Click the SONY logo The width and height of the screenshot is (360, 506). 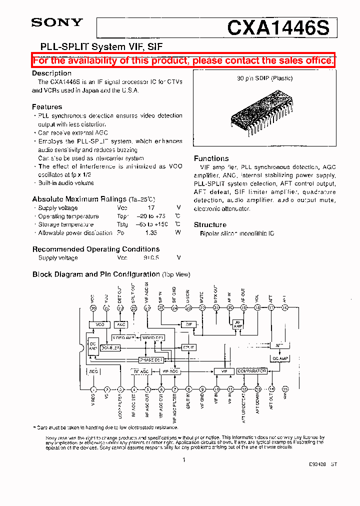tap(57, 22)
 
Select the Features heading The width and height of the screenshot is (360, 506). tap(47, 106)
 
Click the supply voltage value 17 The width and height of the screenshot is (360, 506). tap(151, 208)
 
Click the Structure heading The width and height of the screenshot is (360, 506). tap(210, 224)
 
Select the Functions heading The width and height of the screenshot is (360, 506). tap(211, 158)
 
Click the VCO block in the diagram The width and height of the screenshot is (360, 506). tap(100, 324)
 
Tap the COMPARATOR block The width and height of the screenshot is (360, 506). tap(251, 371)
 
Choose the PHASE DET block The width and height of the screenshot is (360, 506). tap(151, 359)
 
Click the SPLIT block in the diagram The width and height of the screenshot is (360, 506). tap(188, 347)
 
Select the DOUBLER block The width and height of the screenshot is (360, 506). tap(110, 347)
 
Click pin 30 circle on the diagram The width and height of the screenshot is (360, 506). tap(93, 308)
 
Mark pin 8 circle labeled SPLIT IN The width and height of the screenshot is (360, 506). tap(188, 389)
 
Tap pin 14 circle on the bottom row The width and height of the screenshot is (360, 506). tap(271, 389)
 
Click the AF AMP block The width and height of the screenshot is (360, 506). tap(237, 324)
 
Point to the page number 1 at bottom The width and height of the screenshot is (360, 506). tap(184, 459)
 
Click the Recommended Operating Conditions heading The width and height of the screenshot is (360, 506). tap(95, 249)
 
